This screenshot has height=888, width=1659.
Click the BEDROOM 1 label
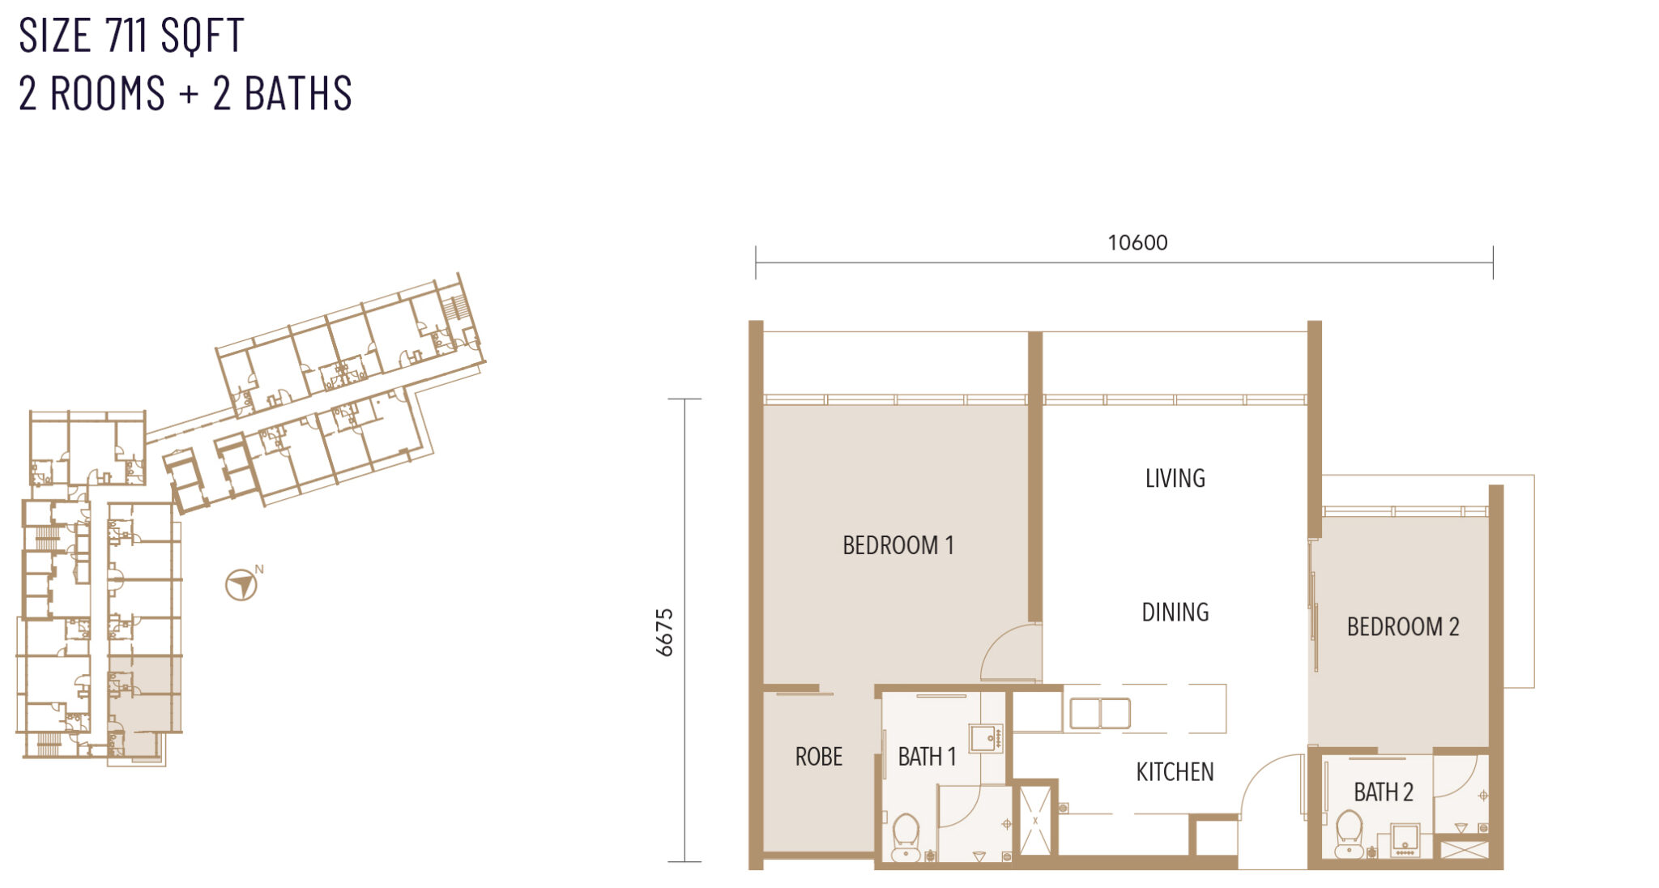point(898,545)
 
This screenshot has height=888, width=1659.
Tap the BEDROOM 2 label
point(1403,626)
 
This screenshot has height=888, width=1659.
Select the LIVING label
point(1175,478)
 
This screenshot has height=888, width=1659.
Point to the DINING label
point(1175,612)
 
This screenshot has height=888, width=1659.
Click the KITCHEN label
point(1175,772)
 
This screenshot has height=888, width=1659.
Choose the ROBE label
point(819,757)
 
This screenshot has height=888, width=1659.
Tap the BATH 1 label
point(927,757)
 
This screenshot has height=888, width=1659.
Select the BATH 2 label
point(1384,792)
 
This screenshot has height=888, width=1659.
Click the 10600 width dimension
point(1137,242)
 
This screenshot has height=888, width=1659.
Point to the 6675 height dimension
point(664,632)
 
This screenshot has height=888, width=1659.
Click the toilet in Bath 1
point(906,837)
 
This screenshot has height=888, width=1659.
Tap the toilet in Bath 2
point(1349,834)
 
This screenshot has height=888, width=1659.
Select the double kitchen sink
point(1099,714)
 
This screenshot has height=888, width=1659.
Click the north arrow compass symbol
point(241,584)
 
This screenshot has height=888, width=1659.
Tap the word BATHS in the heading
point(298,93)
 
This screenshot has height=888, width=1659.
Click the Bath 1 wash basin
point(986,739)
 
